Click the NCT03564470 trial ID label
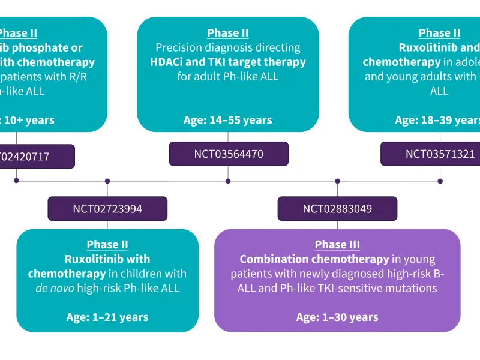pos(228,154)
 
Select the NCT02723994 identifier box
pos(107,209)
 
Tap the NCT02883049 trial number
pos(337,209)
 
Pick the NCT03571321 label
pos(440,154)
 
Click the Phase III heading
pos(337,245)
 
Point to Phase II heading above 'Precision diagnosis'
pos(228,33)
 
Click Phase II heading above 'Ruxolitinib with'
pos(107,245)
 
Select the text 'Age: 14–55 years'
pos(228,120)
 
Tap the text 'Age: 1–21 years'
pos(107,317)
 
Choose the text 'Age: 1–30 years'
pos(337,317)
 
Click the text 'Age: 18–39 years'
pos(437,120)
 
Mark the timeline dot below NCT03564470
pos(228,181)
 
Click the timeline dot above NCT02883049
pos(337,181)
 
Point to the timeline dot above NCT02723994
pos(107,181)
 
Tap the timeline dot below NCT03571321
pos(440,181)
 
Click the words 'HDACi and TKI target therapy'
pos(228,62)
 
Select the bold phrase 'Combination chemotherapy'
pos(314,259)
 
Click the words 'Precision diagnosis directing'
pos(228,47)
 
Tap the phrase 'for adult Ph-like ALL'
pos(228,76)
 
